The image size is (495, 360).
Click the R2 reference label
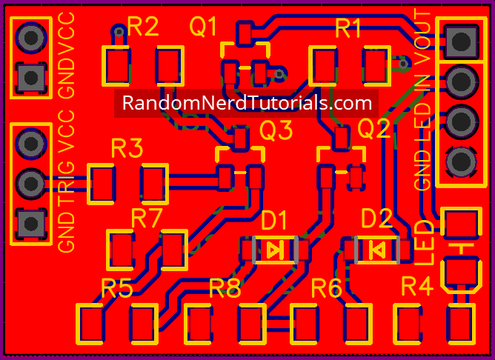143,27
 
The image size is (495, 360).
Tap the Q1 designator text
204,27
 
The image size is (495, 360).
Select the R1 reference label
348,29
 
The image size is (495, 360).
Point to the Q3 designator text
276,131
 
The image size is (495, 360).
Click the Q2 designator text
374,130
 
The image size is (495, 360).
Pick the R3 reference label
127,149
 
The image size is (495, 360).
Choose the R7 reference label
147,219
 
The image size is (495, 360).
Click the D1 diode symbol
274,249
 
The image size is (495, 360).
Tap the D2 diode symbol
376,249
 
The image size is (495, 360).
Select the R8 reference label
225,287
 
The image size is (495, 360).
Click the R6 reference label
327,287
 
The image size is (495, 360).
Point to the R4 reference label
416,286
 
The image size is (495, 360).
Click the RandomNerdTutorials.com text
247,103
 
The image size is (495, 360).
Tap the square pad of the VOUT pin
460,39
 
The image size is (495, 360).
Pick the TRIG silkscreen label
66,181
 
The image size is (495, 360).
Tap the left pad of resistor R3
102,184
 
